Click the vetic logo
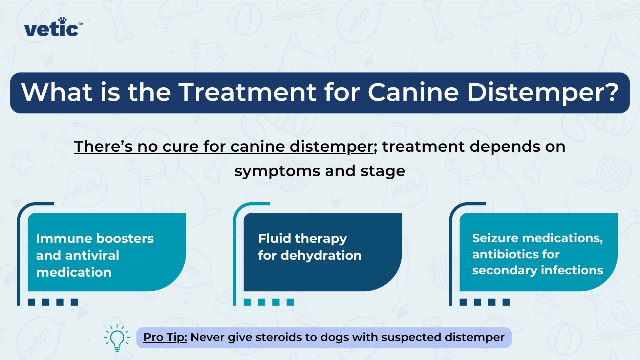click(x=53, y=28)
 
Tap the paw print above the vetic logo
click(x=62, y=21)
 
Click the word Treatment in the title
click(x=248, y=92)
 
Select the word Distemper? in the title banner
click(x=543, y=92)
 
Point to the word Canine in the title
click(x=413, y=92)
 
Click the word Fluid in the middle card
click(x=275, y=238)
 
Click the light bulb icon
click(x=117, y=338)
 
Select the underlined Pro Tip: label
click(x=165, y=337)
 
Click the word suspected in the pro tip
click(x=411, y=337)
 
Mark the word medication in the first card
click(x=74, y=272)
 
